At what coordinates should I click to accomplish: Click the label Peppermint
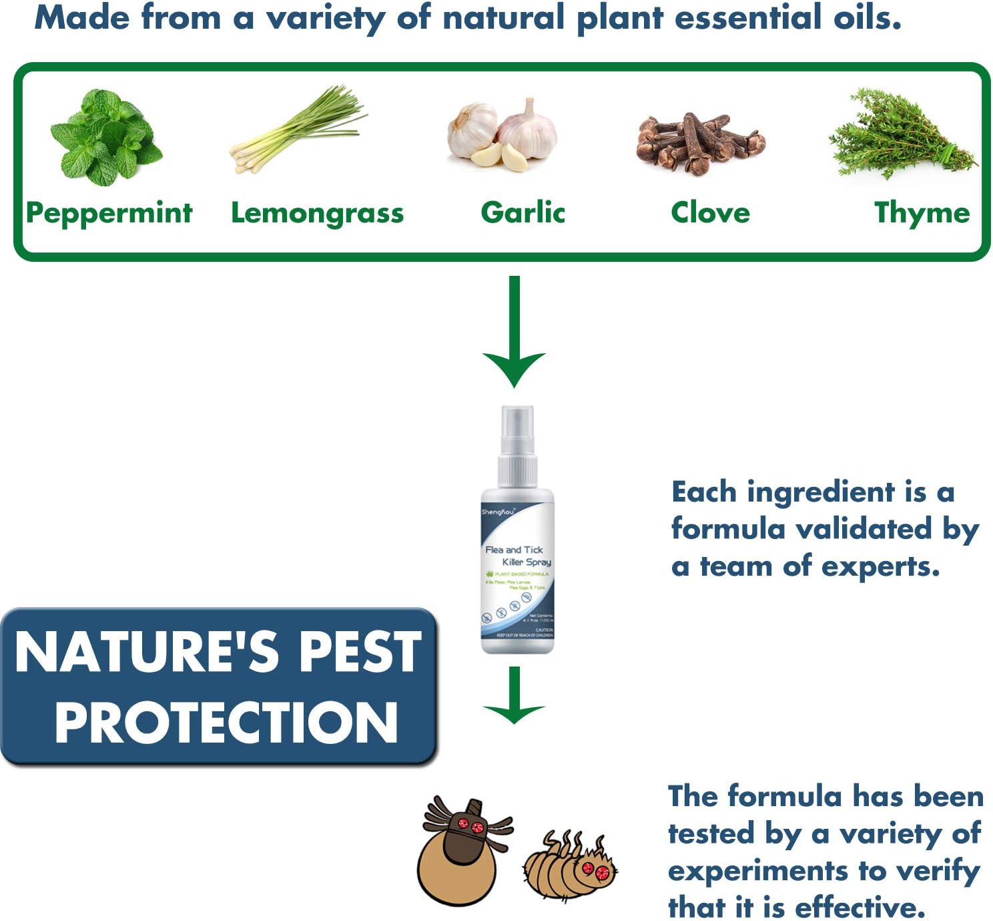point(109,213)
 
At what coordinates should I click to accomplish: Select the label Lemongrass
point(317,213)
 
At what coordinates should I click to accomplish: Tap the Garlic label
point(523,212)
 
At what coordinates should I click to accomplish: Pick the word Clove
point(710,212)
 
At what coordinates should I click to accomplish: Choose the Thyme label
point(922,212)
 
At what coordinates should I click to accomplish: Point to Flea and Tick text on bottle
point(514,550)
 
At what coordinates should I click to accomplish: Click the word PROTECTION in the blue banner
point(226,723)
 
